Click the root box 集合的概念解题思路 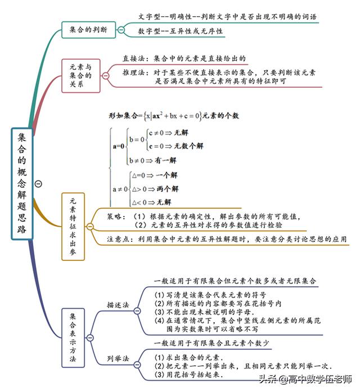(x=22, y=184)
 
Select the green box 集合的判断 (x=88, y=30)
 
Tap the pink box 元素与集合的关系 (x=81, y=76)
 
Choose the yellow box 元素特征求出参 (x=73, y=227)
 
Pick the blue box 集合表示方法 (x=73, y=338)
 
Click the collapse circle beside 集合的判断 (x=121, y=30)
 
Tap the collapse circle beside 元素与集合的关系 (x=106, y=76)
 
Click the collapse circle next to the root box (x=38, y=184)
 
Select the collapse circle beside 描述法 (x=137, y=311)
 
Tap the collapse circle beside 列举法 (x=137, y=365)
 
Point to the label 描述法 (x=118, y=305)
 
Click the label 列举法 (x=118, y=358)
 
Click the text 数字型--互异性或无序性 (x=180, y=31)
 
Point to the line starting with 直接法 (x=184, y=58)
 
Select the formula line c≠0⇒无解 (x=168, y=133)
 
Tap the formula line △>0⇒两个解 (x=155, y=189)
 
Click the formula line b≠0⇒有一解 (x=153, y=160)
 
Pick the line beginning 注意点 (x=227, y=239)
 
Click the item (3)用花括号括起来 (x=189, y=374)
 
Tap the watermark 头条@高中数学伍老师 (x=305, y=379)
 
